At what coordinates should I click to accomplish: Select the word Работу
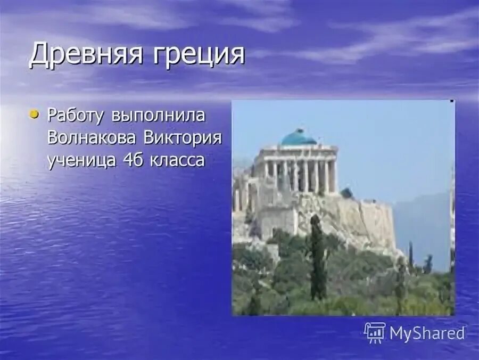tap(77, 116)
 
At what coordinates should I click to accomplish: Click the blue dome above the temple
tap(298, 138)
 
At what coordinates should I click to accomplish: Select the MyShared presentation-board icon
tap(375, 333)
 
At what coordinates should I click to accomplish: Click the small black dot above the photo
tap(452, 101)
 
